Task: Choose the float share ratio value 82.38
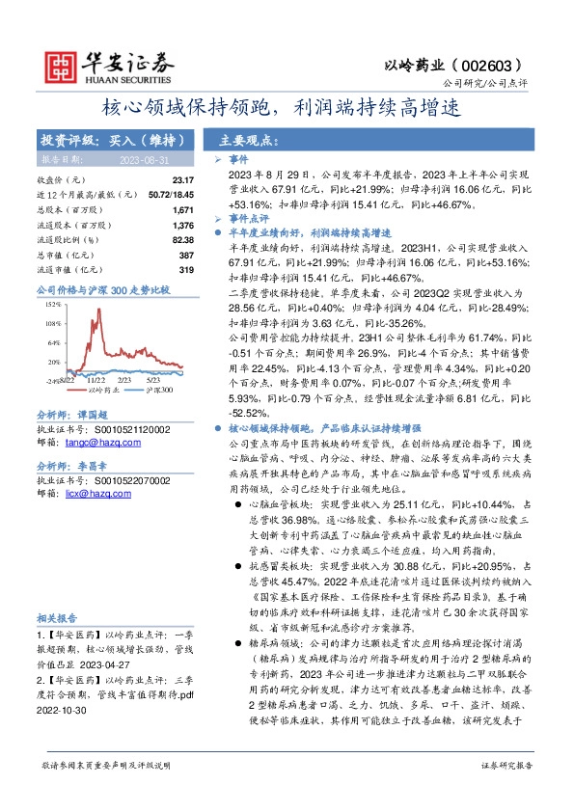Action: pyautogui.click(x=182, y=239)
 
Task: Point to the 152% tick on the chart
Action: pyautogui.click(x=51, y=303)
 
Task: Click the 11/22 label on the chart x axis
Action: pyautogui.click(x=96, y=381)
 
